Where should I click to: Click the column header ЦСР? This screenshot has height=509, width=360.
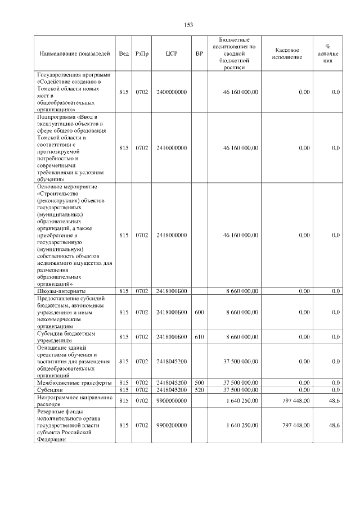(172, 53)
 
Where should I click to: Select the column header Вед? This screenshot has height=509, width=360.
(124, 53)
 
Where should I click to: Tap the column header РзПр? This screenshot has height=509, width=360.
(142, 53)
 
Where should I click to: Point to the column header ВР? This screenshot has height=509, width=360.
(199, 53)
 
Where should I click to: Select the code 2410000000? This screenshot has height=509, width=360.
(172, 148)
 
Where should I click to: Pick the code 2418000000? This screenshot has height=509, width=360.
(172, 236)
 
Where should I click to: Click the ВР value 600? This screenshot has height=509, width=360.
(199, 312)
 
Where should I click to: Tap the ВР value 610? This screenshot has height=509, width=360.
(199, 337)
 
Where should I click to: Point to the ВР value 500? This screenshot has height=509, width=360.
(199, 382)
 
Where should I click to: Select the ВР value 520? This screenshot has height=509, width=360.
(199, 390)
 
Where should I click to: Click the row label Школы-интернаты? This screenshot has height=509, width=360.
(61, 291)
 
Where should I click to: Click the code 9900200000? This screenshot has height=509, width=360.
(172, 426)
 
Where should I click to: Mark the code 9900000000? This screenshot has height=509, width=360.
(172, 400)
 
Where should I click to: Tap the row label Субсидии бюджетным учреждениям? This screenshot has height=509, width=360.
(66, 337)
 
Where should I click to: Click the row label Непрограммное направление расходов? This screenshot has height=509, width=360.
(74, 400)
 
